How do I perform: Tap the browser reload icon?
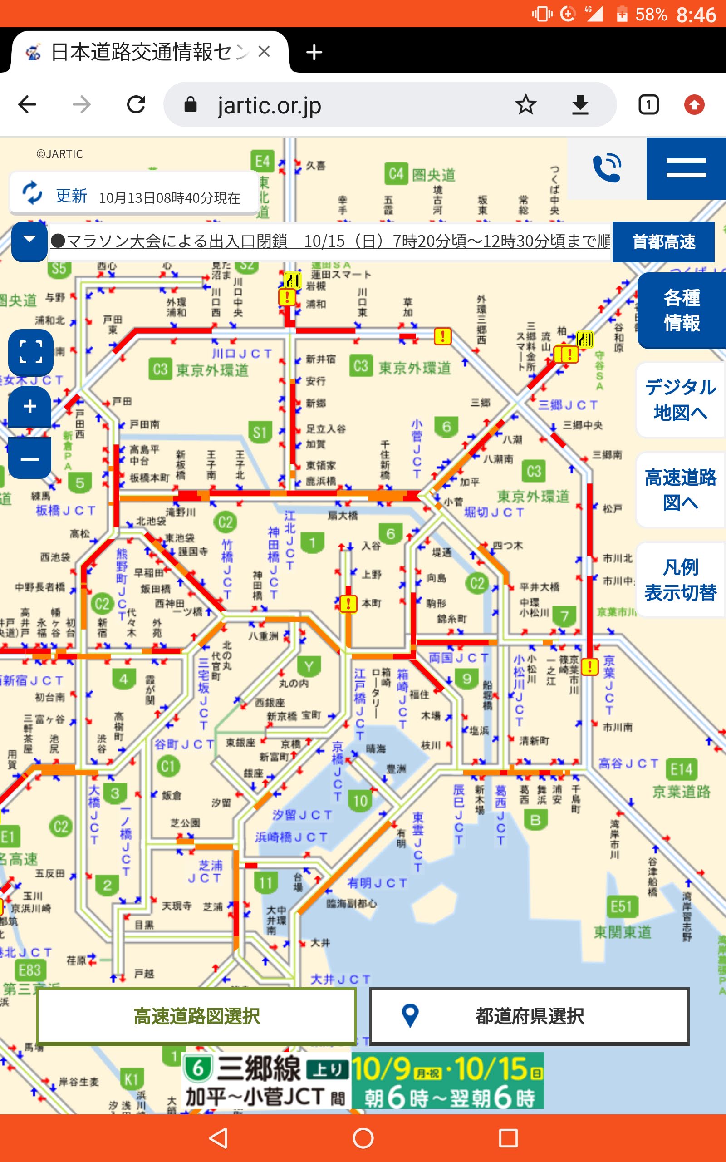136,105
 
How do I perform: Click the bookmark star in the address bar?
525,105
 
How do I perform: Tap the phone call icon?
607,168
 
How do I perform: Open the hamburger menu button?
686,168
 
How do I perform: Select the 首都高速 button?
663,241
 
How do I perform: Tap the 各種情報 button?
682,310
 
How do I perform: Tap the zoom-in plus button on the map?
30,407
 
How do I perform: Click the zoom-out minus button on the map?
30,459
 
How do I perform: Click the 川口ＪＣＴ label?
241,354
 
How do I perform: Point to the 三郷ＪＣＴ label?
568,405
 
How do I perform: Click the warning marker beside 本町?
348,603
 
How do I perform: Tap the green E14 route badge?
682,770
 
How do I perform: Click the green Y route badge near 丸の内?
309,666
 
